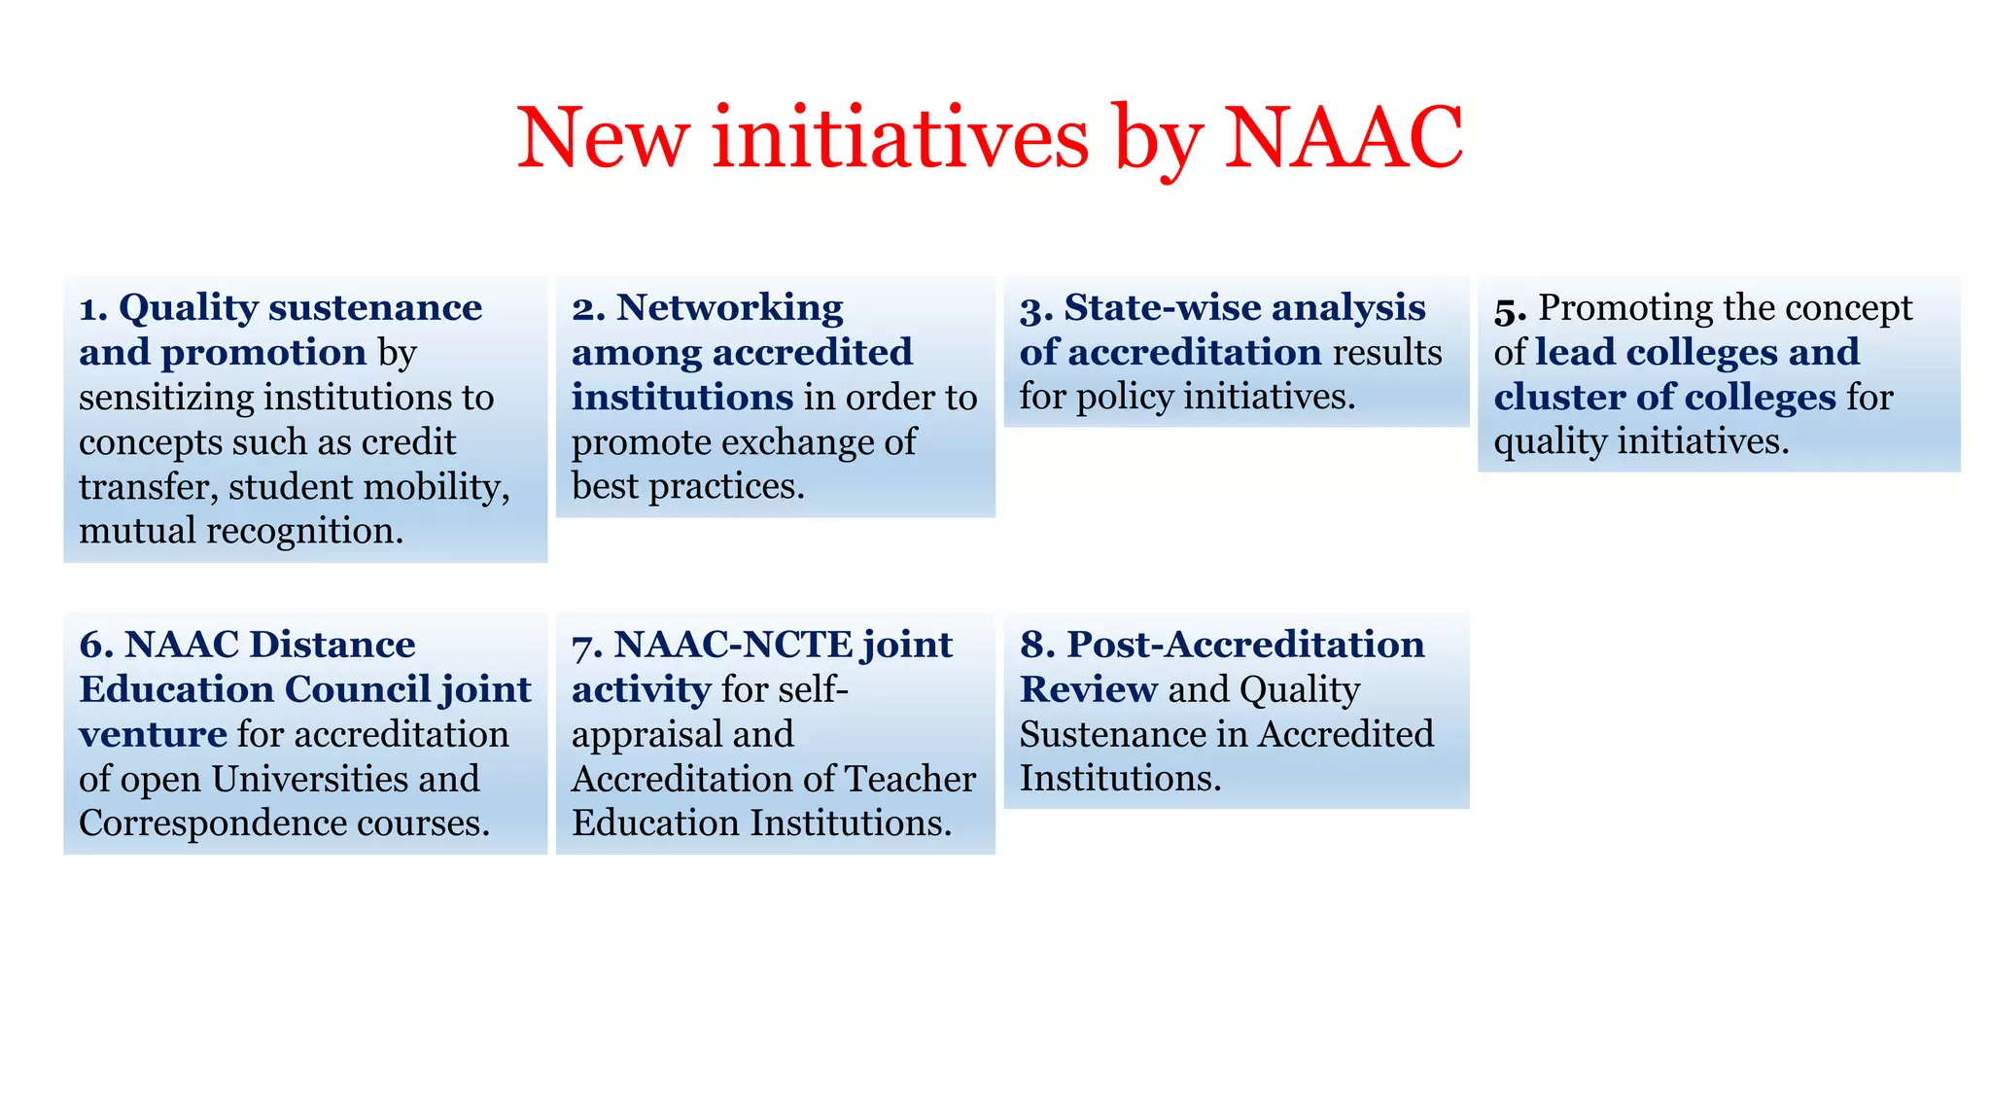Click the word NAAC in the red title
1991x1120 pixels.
(x=1343, y=137)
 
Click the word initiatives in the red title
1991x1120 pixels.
(x=900, y=137)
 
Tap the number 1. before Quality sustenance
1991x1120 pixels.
(x=93, y=308)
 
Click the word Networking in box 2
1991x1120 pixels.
(x=729, y=308)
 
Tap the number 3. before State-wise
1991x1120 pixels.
(x=1036, y=308)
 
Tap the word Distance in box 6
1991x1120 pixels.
(x=332, y=645)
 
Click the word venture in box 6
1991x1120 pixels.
(x=153, y=734)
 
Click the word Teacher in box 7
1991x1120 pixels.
(x=910, y=779)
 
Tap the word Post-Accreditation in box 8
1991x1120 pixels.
(x=1245, y=645)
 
